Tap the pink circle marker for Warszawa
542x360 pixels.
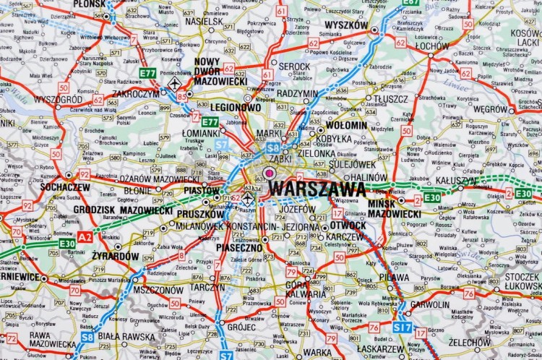tap(270, 173)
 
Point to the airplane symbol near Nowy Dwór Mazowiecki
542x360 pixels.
tap(175, 85)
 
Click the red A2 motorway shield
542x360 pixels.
tap(85, 236)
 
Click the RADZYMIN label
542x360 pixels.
tap(298, 93)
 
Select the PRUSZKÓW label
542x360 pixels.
tap(200, 214)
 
